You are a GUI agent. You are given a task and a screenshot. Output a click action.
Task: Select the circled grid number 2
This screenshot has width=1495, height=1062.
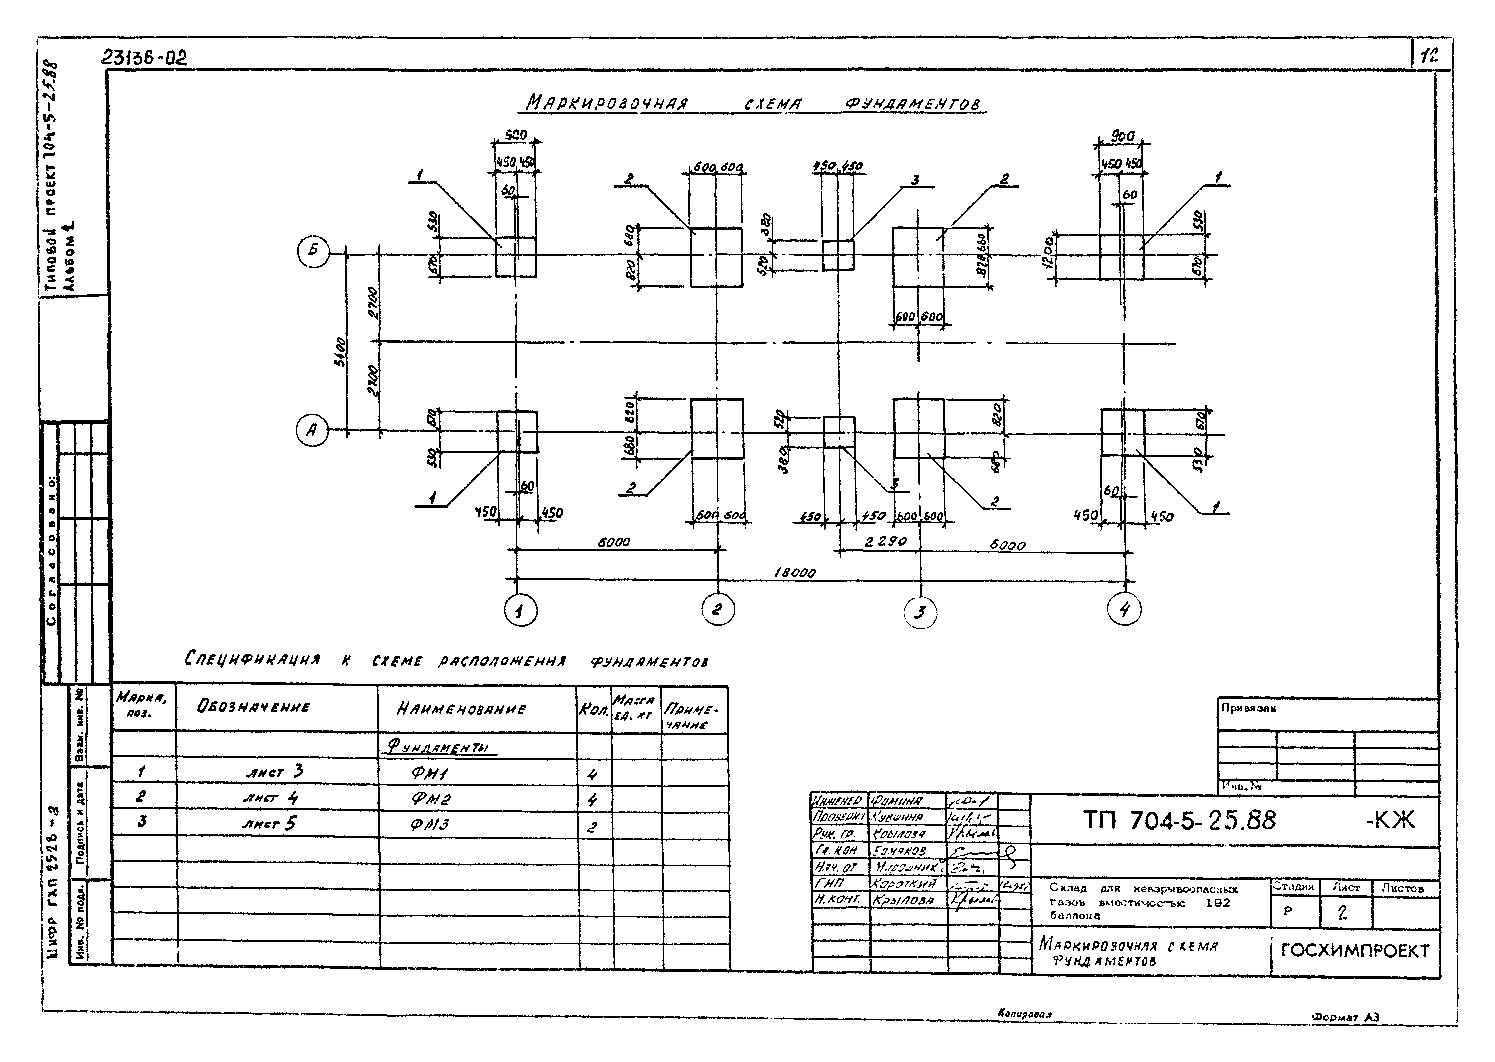click(718, 610)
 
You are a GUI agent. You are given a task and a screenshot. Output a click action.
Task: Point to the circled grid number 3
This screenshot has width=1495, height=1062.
click(921, 613)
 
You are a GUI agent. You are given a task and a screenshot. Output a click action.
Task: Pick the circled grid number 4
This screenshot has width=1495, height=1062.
click(1124, 610)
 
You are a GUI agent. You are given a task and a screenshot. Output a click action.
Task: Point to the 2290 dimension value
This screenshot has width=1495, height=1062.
click(885, 541)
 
